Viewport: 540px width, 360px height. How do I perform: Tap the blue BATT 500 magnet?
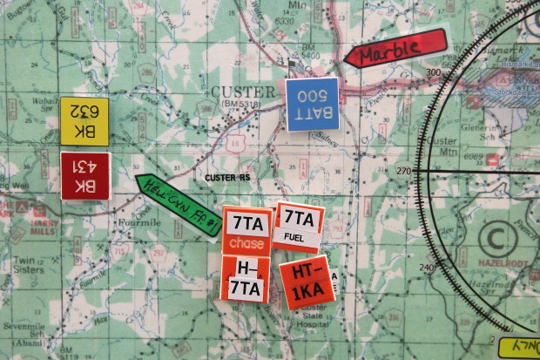pyautogui.click(x=313, y=103)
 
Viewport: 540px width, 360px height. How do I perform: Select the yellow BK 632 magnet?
pyautogui.click(x=84, y=121)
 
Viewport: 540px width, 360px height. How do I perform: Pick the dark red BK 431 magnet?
pyautogui.click(x=85, y=175)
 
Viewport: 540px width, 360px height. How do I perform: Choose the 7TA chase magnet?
pyautogui.click(x=246, y=231)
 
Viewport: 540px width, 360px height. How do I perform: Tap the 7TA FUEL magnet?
pyautogui.click(x=299, y=226)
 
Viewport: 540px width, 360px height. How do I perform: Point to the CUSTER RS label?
pyautogui.click(x=228, y=178)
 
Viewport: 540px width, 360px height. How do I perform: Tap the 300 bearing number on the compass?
pyautogui.click(x=430, y=73)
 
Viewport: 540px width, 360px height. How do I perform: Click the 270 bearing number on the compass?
pyautogui.click(x=404, y=171)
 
